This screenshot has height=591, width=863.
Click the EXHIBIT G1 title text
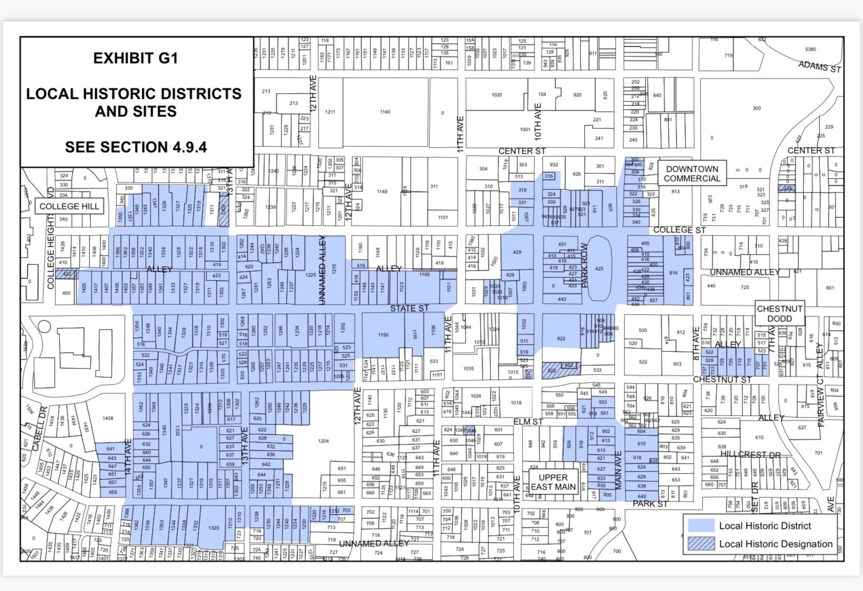tap(136, 58)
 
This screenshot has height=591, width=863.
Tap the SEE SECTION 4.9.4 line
tap(136, 147)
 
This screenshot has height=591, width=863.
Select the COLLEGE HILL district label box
tap(69, 206)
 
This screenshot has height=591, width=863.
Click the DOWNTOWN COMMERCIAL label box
tap(692, 174)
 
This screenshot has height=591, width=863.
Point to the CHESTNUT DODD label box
tap(779, 314)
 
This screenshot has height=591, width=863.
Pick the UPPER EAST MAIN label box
tap(553, 482)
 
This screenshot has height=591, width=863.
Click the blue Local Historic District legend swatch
tap(701, 526)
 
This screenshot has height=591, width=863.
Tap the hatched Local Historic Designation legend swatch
tap(701, 544)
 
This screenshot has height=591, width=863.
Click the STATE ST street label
tap(409, 308)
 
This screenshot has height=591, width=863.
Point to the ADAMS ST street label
tap(820, 66)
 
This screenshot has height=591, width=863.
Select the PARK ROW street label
tap(585, 265)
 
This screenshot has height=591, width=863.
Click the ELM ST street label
tap(528, 422)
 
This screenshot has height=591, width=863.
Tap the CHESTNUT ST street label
tap(722, 380)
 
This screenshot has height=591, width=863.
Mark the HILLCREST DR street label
tap(750, 454)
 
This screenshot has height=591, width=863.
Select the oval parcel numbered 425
tap(599, 269)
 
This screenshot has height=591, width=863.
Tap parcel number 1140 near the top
tap(385, 112)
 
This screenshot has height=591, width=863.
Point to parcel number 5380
tap(810, 49)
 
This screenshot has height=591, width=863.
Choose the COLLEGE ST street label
tap(679, 230)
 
